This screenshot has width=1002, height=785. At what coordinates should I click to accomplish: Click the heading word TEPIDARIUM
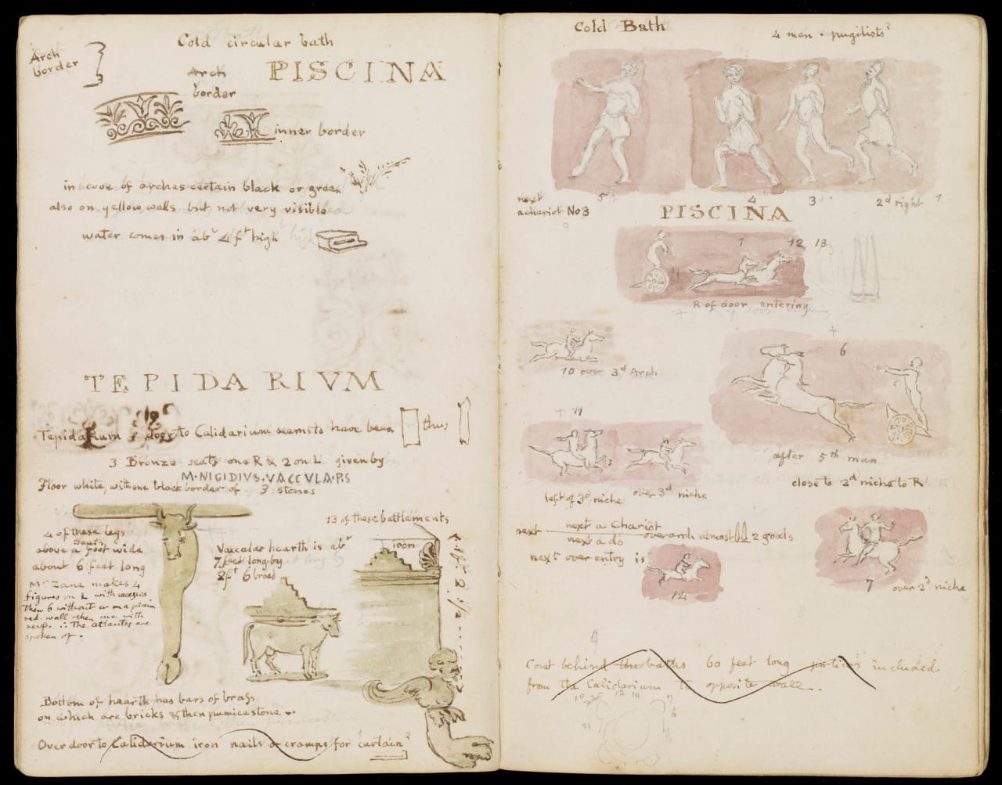(233, 383)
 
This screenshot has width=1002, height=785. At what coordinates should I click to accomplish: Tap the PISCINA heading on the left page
(356, 73)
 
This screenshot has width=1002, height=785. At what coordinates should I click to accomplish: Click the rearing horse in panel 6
(783, 383)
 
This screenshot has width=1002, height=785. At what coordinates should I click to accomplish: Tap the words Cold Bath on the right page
(618, 27)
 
